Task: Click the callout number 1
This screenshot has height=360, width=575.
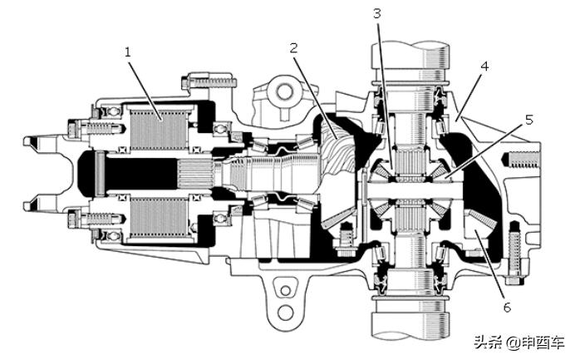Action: point(127,52)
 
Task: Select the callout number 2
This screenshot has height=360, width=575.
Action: point(293,47)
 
